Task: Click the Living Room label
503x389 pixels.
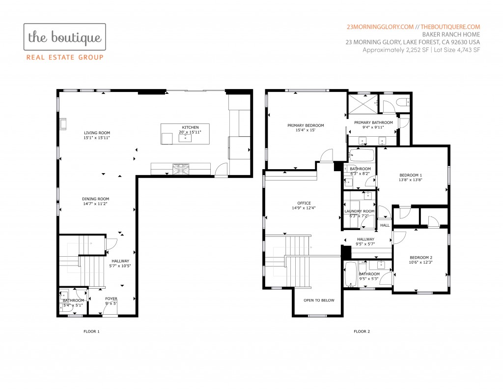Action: point(97,133)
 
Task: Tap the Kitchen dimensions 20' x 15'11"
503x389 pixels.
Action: point(190,132)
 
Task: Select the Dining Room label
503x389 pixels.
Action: point(96,199)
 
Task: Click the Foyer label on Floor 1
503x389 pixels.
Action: point(112,299)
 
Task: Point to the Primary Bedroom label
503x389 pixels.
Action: point(306,125)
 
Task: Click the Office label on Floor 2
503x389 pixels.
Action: point(304,203)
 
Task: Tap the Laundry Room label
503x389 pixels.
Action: point(359,211)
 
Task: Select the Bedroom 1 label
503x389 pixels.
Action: point(411,175)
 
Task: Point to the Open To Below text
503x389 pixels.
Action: point(319,300)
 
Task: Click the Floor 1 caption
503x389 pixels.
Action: point(91,331)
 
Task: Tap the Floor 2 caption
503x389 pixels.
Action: point(362,331)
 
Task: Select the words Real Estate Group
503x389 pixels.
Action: point(65,58)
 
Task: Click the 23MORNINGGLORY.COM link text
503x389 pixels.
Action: point(380,27)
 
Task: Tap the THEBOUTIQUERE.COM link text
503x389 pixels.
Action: point(450,27)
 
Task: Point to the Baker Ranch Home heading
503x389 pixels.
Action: point(451,34)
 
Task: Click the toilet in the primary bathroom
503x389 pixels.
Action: point(403,102)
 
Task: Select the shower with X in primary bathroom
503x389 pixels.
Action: point(363,103)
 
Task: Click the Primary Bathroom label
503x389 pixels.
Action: point(373,122)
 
